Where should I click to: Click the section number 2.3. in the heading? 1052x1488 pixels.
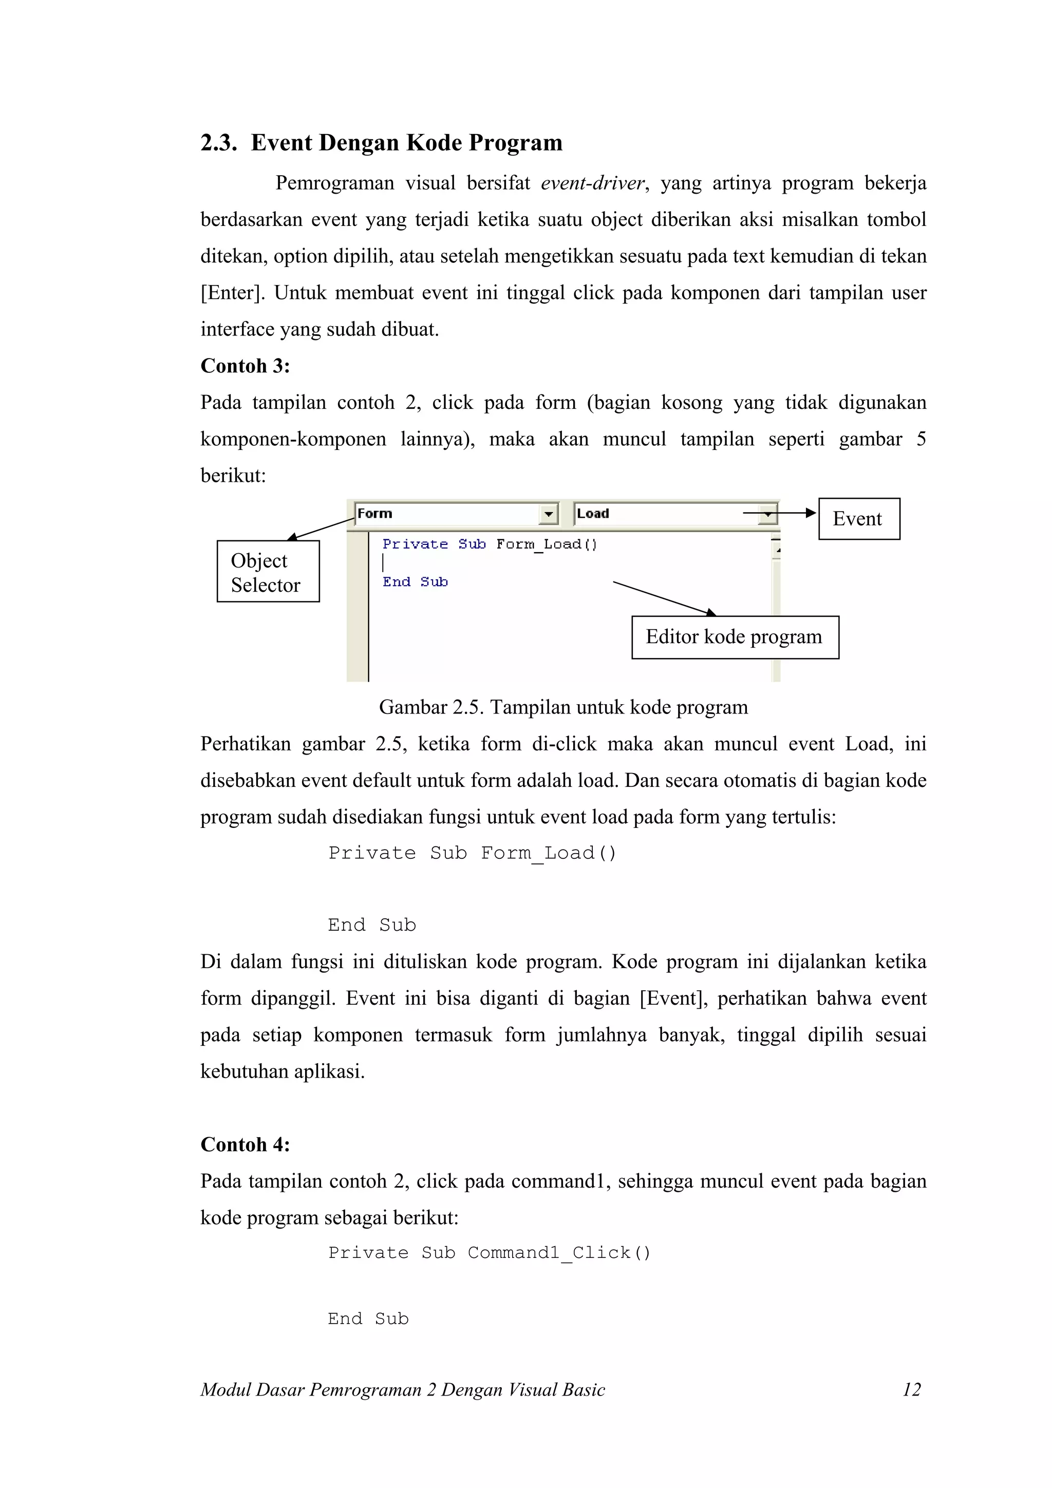click(x=218, y=143)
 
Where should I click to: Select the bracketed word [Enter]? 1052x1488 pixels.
click(x=233, y=293)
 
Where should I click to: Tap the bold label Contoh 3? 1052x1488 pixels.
click(x=245, y=366)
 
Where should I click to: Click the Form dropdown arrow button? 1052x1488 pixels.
click(x=549, y=515)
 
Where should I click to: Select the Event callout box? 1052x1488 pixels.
click(x=858, y=519)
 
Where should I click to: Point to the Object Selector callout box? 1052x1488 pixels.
click(x=268, y=572)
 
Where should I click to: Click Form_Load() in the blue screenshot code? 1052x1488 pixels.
click(x=547, y=544)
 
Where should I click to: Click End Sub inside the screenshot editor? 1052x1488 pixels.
click(x=415, y=582)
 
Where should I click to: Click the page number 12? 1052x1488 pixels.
click(x=911, y=1389)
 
